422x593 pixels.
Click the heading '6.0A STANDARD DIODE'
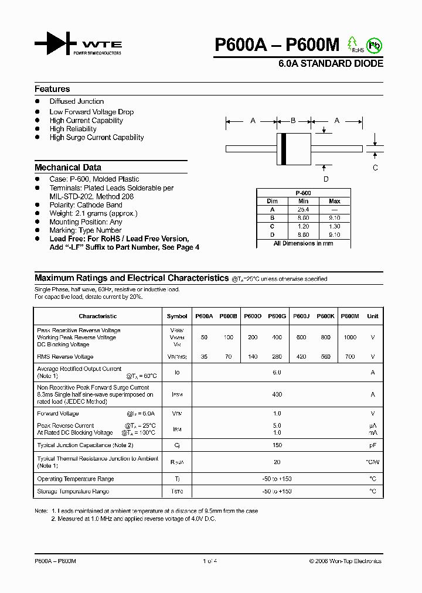pyautogui.click(x=331, y=63)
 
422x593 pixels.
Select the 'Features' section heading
pyautogui.click(x=52, y=89)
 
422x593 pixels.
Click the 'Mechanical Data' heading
pyautogui.click(x=67, y=167)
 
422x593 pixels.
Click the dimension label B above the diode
pyautogui.click(x=293, y=121)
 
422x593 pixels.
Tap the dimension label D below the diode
pyautogui.click(x=326, y=179)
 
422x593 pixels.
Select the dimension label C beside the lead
pyautogui.click(x=375, y=168)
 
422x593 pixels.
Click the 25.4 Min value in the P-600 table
pyautogui.click(x=303, y=209)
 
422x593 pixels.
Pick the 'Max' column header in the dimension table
pyautogui.click(x=335, y=201)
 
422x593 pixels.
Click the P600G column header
pyautogui.click(x=277, y=316)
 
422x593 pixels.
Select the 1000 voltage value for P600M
pyautogui.click(x=349, y=338)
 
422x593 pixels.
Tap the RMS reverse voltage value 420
pyautogui.click(x=301, y=356)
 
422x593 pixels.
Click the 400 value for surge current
pyautogui.click(x=277, y=395)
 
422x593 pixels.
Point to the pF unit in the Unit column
pyautogui.click(x=372, y=445)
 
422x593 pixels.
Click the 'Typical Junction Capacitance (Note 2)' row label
pyautogui.click(x=86, y=445)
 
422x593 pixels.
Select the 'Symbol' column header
pyautogui.click(x=177, y=316)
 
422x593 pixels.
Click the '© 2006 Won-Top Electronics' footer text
pyautogui.click(x=345, y=561)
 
